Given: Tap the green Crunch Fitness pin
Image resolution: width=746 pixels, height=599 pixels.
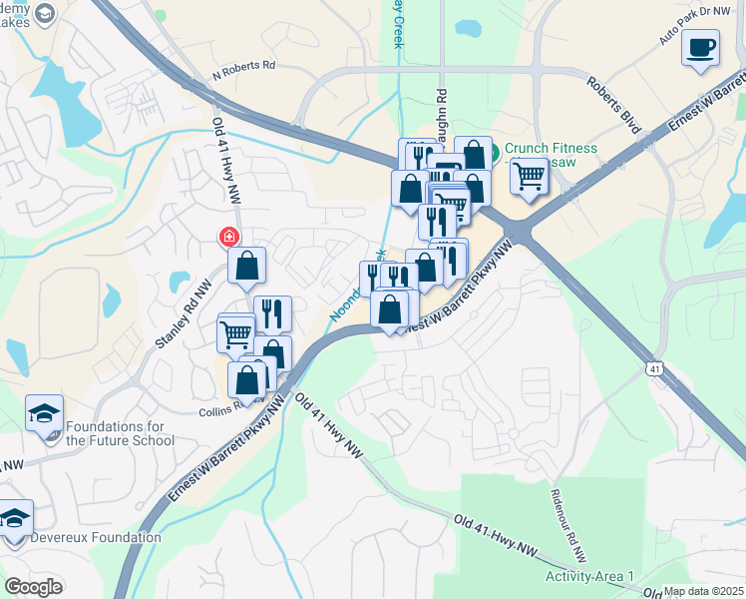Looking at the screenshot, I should pos(496,150).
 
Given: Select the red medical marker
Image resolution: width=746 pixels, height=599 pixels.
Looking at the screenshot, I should pos(228,238).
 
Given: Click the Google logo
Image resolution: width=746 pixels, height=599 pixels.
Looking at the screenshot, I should pos(34,587).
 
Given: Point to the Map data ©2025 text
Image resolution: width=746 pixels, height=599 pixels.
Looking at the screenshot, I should pos(704,591).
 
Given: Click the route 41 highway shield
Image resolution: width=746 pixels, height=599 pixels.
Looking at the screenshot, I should pos(654,368).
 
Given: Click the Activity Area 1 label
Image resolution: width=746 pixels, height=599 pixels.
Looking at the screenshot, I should pos(589,577).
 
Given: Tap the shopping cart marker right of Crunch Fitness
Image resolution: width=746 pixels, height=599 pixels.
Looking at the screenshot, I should pos(530,178).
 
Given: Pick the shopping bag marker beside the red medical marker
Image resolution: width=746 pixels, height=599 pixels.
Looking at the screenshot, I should pos(247,267).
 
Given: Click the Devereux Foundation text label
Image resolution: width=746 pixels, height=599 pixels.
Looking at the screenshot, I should pos(96,537).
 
